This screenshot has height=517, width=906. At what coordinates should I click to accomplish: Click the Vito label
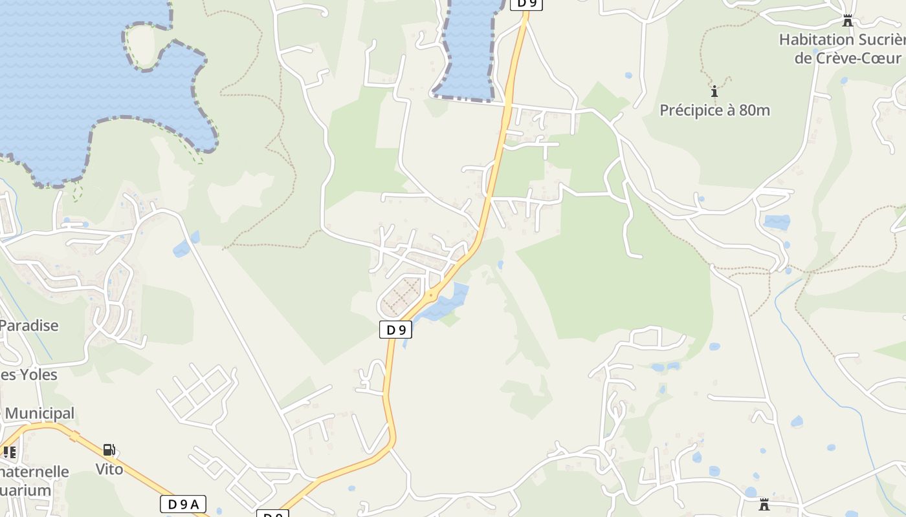109,469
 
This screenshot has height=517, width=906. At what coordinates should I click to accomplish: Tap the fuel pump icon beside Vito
109,450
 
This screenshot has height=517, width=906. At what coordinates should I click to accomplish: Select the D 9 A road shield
183,504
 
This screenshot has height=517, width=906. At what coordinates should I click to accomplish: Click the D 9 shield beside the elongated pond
395,330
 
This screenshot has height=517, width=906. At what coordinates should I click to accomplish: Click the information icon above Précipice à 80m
714,91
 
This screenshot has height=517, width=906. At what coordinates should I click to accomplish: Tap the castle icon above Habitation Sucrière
848,21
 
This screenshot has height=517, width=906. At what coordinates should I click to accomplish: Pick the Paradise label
30,325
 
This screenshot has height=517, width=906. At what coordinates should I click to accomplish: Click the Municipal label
40,413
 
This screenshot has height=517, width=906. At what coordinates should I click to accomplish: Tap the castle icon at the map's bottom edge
764,504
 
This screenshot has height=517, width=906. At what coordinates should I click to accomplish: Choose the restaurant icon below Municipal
9,452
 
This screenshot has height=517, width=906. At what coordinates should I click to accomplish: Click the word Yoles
38,375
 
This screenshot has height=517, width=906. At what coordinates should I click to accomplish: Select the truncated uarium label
26,490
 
